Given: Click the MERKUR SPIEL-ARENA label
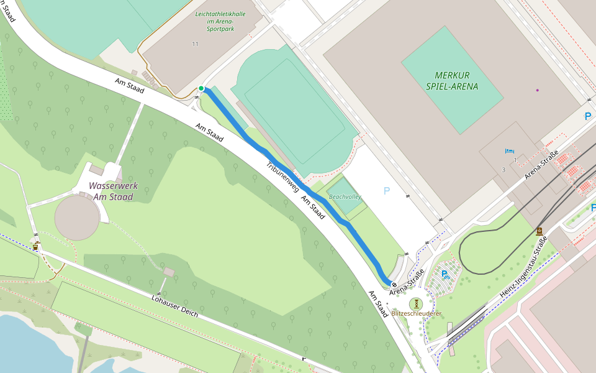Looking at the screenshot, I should (452, 80).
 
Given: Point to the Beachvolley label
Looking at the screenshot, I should (345, 196).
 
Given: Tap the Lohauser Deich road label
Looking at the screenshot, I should (174, 305).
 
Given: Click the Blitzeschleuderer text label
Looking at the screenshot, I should (416, 313).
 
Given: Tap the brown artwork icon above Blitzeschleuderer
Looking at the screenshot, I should (416, 303).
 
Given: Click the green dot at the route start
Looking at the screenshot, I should (201, 89).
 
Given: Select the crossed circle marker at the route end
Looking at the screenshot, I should (394, 285).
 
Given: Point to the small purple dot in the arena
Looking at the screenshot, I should (538, 90).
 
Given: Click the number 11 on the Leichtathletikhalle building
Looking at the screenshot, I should (195, 44).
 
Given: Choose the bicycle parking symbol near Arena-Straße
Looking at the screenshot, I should (445, 274).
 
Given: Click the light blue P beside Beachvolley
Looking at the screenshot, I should (387, 191).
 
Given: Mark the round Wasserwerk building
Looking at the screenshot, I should (77, 218).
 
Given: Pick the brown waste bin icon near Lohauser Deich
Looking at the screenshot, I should (36, 246).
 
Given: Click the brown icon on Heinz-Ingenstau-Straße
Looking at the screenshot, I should (539, 232).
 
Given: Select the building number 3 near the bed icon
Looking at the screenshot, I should (504, 169).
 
